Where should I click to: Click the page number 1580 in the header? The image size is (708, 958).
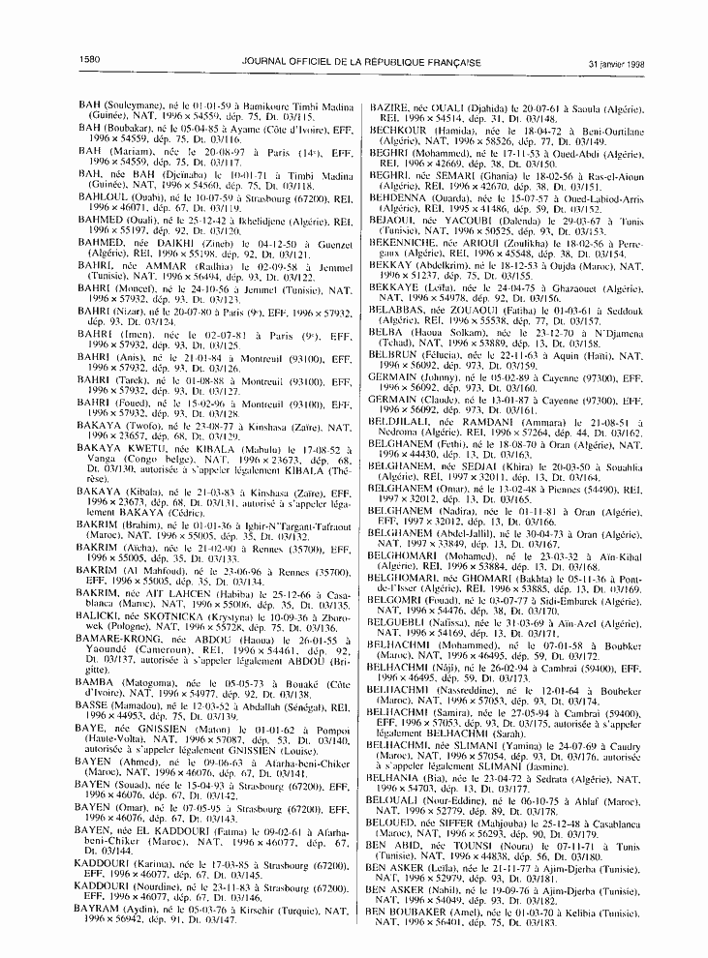[90, 62]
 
